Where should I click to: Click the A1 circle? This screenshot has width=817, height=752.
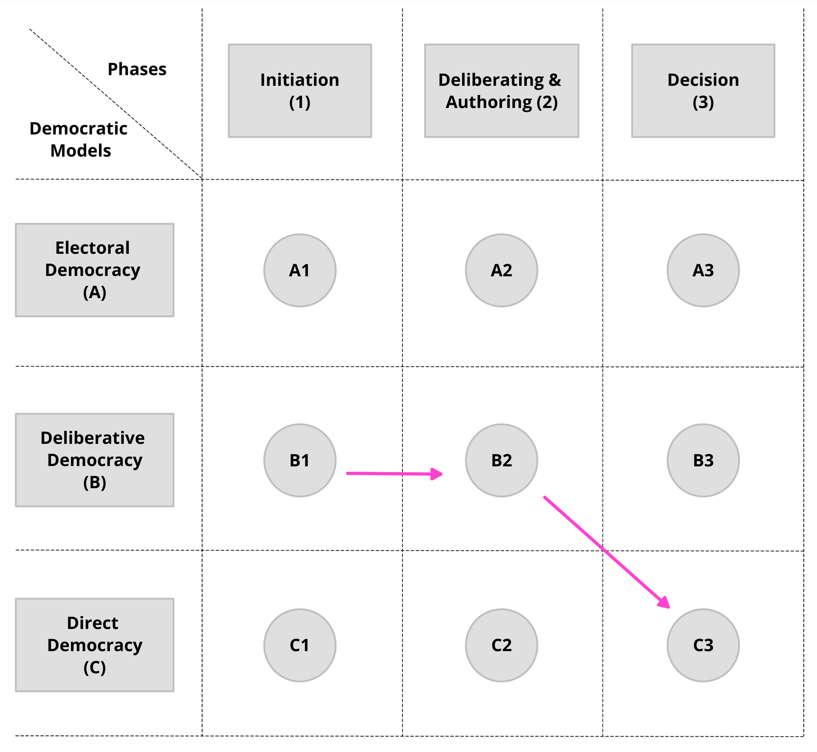click(x=300, y=270)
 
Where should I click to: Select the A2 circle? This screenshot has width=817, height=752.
click(x=501, y=270)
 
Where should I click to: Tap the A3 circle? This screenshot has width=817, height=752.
click(x=703, y=270)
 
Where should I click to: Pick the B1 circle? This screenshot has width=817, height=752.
click(x=300, y=460)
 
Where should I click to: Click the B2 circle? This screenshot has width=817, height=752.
click(x=501, y=460)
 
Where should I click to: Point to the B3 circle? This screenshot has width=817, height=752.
click(x=703, y=460)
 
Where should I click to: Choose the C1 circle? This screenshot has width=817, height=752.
click(x=300, y=645)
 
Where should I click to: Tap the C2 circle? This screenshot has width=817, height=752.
click(x=501, y=645)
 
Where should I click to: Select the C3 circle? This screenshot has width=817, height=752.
click(x=703, y=645)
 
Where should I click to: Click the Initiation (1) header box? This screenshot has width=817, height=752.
click(x=300, y=91)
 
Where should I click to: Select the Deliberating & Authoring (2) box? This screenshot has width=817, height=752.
click(x=501, y=91)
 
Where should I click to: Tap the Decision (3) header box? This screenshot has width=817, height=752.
click(x=703, y=91)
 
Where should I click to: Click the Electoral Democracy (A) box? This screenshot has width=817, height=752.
click(x=94, y=270)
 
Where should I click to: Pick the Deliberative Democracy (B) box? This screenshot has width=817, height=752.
click(x=94, y=460)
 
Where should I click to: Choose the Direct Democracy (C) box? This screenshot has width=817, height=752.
click(x=94, y=645)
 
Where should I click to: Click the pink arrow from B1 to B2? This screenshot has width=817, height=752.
click(x=394, y=474)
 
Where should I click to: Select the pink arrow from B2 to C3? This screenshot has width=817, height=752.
click(x=606, y=552)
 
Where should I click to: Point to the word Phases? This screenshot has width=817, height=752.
click(x=137, y=69)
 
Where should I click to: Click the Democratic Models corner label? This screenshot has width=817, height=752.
click(x=79, y=139)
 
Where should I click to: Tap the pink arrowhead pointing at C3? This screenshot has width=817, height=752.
click(x=664, y=602)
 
